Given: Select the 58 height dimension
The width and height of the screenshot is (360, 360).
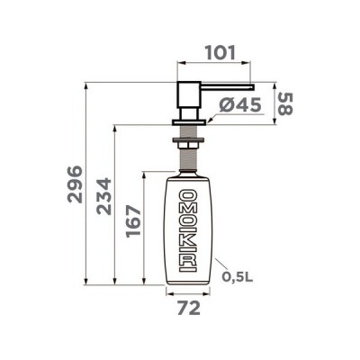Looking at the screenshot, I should point(284,104).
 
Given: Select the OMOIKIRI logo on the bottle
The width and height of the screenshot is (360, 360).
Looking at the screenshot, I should point(190,231).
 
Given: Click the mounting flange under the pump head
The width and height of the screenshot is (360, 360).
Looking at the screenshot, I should point(190,122).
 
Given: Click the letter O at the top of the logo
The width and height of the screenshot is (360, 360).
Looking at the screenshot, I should point(190,196).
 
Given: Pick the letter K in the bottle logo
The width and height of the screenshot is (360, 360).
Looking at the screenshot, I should point(190,242).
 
